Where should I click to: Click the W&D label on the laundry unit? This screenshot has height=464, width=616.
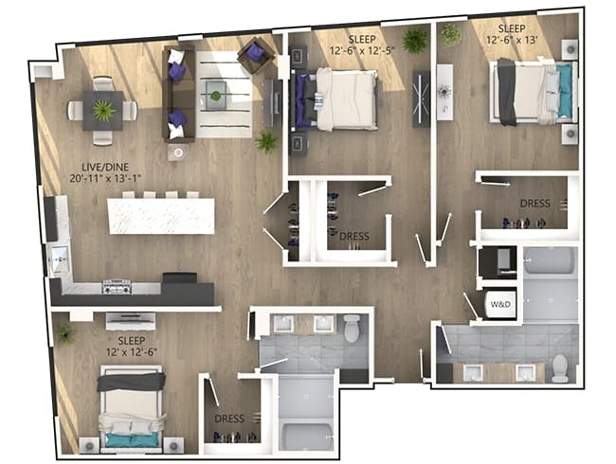[x=499, y=305]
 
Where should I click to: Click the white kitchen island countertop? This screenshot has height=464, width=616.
[x=161, y=215]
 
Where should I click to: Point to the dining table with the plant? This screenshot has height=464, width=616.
[x=102, y=110]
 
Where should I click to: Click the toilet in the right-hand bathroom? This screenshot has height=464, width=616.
[x=560, y=366]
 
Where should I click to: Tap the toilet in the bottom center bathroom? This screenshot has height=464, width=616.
[x=352, y=328]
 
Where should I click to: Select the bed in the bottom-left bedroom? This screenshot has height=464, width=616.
[x=132, y=407]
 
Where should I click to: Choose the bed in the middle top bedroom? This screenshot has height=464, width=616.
[x=339, y=98]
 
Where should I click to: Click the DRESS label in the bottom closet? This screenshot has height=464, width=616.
[x=228, y=419]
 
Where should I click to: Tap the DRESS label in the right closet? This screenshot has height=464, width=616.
[x=534, y=204]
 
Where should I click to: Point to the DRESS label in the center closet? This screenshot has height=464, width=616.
[x=353, y=237]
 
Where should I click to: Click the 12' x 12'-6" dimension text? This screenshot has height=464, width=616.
[x=132, y=350]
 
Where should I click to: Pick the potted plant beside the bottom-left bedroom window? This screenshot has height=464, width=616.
[x=64, y=334]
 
